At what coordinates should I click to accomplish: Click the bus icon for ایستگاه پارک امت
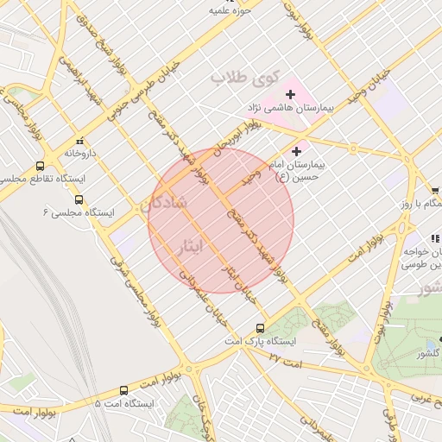click(261, 328)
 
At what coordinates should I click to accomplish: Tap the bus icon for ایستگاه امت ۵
click(123, 390)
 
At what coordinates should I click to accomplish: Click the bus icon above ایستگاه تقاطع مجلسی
click(41, 166)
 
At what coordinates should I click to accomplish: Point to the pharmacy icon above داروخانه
click(80, 140)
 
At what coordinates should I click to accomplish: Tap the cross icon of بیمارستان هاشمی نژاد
click(290, 93)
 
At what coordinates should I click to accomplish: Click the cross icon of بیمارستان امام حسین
click(297, 151)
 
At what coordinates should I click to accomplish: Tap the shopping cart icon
click(434, 191)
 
